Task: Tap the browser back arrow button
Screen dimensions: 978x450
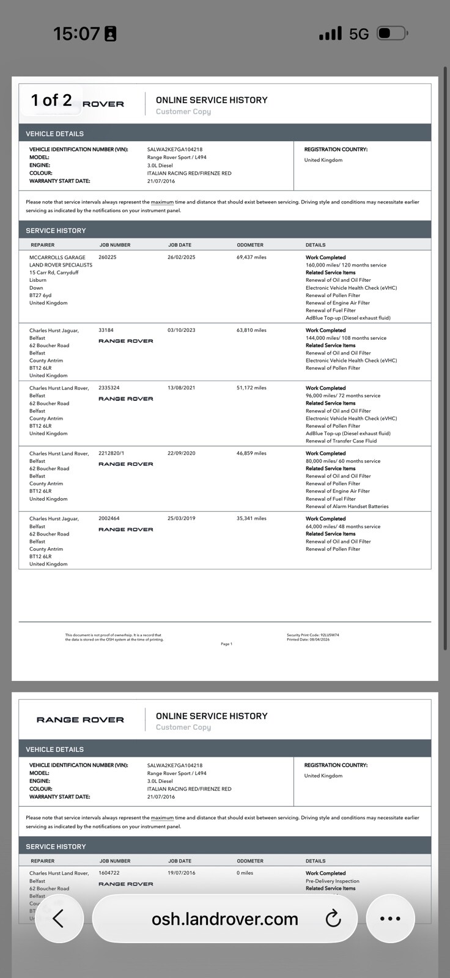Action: click(x=59, y=918)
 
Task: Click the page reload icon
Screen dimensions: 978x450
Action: click(x=333, y=918)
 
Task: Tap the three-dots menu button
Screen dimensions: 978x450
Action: click(x=390, y=918)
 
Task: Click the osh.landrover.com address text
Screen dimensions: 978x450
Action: click(x=224, y=919)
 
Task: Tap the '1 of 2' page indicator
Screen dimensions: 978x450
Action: click(x=51, y=100)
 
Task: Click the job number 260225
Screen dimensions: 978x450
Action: click(x=108, y=257)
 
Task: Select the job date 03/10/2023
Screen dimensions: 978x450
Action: click(x=182, y=330)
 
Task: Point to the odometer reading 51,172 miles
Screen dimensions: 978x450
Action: click(x=251, y=388)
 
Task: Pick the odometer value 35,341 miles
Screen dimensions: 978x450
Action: click(x=251, y=518)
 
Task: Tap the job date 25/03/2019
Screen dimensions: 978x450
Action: click(x=182, y=518)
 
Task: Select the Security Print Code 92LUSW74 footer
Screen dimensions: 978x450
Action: click(x=312, y=635)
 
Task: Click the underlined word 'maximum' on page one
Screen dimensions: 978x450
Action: click(x=162, y=202)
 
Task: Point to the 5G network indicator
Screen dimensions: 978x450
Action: click(x=359, y=34)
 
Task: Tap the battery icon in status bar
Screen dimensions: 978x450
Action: click(x=391, y=33)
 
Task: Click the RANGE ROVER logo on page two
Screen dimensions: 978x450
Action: click(x=80, y=720)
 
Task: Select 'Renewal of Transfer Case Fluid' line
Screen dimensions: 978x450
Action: click(x=341, y=441)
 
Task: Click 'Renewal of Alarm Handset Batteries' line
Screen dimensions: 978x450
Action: click(x=347, y=506)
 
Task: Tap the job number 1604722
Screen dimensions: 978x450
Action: click(x=109, y=873)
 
